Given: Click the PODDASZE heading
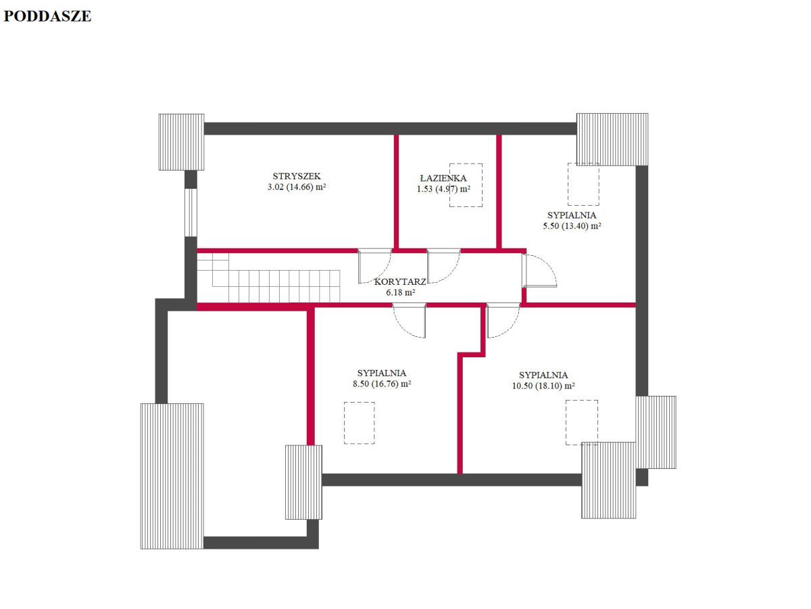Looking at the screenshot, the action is point(47,16).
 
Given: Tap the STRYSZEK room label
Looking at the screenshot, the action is point(296,177).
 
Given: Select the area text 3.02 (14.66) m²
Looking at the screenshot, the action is point(296,187).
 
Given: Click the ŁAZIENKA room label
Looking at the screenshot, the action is point(443,178).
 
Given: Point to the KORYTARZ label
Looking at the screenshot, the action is point(400,281).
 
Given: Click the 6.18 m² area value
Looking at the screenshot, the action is point(400,292).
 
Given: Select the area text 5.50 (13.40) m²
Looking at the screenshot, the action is point(572,226).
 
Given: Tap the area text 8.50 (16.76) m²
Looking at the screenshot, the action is point(382,384).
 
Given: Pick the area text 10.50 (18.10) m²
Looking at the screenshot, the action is point(543,386).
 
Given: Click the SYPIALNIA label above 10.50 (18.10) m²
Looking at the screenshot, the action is point(543,375).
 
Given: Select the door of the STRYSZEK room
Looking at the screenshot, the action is point(374,266).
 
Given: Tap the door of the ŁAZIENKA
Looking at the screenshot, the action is point(443,266).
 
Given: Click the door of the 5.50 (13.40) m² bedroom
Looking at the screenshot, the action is point(539,271).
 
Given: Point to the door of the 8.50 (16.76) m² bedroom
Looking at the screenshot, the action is point(410,320).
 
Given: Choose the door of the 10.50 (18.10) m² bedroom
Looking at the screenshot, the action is point(503,320).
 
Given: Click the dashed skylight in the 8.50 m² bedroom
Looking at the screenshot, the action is point(359,423).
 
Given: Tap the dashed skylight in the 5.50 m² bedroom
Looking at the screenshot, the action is point(583,184).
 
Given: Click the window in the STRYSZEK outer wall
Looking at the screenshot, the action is point(191,212).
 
